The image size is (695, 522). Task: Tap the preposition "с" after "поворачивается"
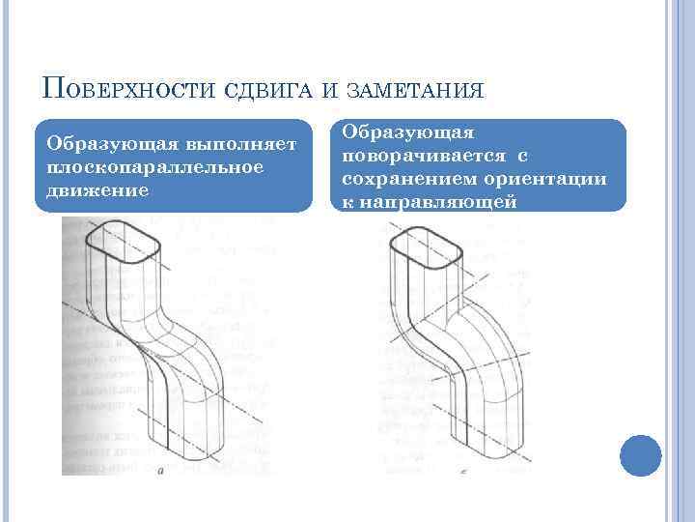[x=521, y=155]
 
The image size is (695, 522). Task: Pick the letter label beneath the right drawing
[x=464, y=471]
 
